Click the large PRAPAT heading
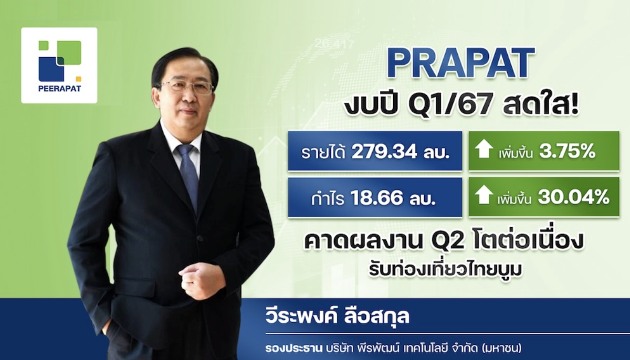pyautogui.click(x=461, y=64)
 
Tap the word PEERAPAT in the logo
pyautogui.click(x=59, y=89)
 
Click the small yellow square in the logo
pyautogui.click(x=79, y=79)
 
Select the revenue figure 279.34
pyautogui.click(x=384, y=152)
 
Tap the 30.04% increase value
pyautogui.click(x=573, y=198)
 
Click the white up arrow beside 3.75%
pyautogui.click(x=484, y=149)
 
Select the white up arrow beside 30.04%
pyautogui.click(x=484, y=195)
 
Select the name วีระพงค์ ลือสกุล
pyautogui.click(x=337, y=316)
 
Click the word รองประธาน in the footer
pyautogui.click(x=293, y=348)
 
